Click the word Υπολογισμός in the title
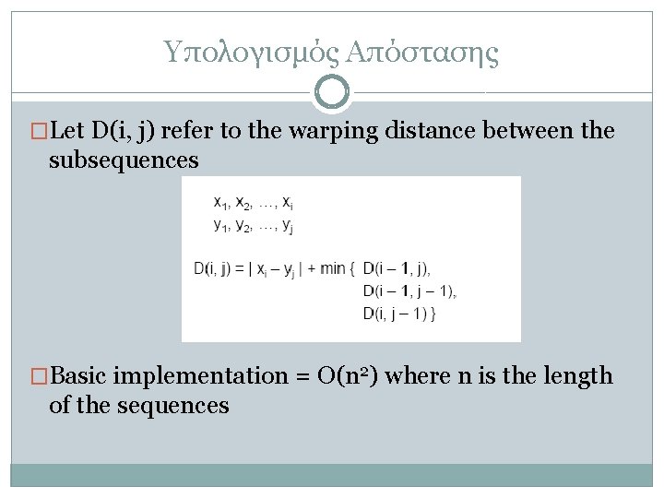tap(251, 53)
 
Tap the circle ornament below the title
tap(332, 92)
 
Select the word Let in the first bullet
tap(69, 131)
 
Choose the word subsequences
tap(124, 160)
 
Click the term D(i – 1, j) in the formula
tap(397, 269)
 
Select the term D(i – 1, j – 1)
tap(409, 291)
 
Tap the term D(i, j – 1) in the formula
tap(398, 314)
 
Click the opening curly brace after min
tap(354, 269)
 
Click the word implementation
tap(172, 376)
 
